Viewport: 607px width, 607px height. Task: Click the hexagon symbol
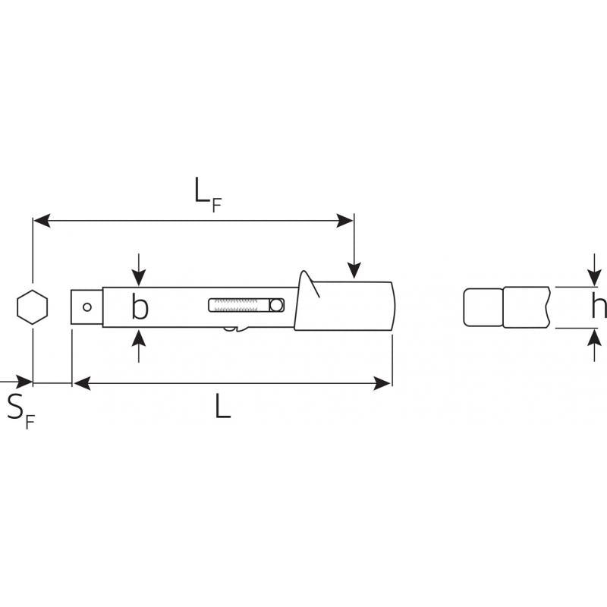(33, 307)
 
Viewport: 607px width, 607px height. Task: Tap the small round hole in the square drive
(87, 307)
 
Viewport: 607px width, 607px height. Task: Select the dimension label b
(140, 306)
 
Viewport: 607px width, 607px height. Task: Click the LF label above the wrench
(207, 195)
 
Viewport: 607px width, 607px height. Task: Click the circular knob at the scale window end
(276, 305)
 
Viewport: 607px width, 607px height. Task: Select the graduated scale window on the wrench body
(246, 305)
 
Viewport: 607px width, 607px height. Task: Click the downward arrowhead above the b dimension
(139, 278)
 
